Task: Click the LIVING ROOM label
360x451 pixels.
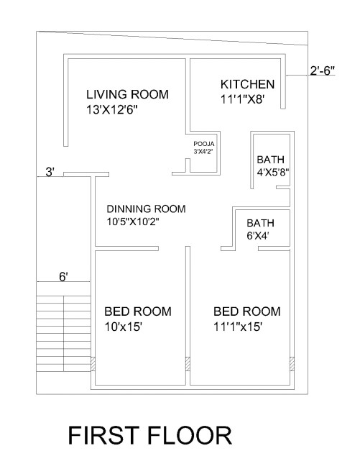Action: click(127, 94)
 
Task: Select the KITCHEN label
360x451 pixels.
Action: click(246, 85)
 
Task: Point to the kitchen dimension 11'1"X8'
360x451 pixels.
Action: click(243, 101)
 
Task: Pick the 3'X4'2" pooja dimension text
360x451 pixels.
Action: click(204, 152)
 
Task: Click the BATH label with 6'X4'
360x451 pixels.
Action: click(260, 222)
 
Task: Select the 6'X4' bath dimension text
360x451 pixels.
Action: click(259, 236)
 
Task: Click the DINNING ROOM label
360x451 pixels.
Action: click(146, 209)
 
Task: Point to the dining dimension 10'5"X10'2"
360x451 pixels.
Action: click(133, 222)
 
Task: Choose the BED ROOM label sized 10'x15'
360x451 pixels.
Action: click(138, 311)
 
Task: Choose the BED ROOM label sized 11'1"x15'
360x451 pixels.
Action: click(246, 311)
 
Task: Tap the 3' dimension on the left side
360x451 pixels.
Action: click(50, 172)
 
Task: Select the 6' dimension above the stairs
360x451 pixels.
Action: click(63, 277)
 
